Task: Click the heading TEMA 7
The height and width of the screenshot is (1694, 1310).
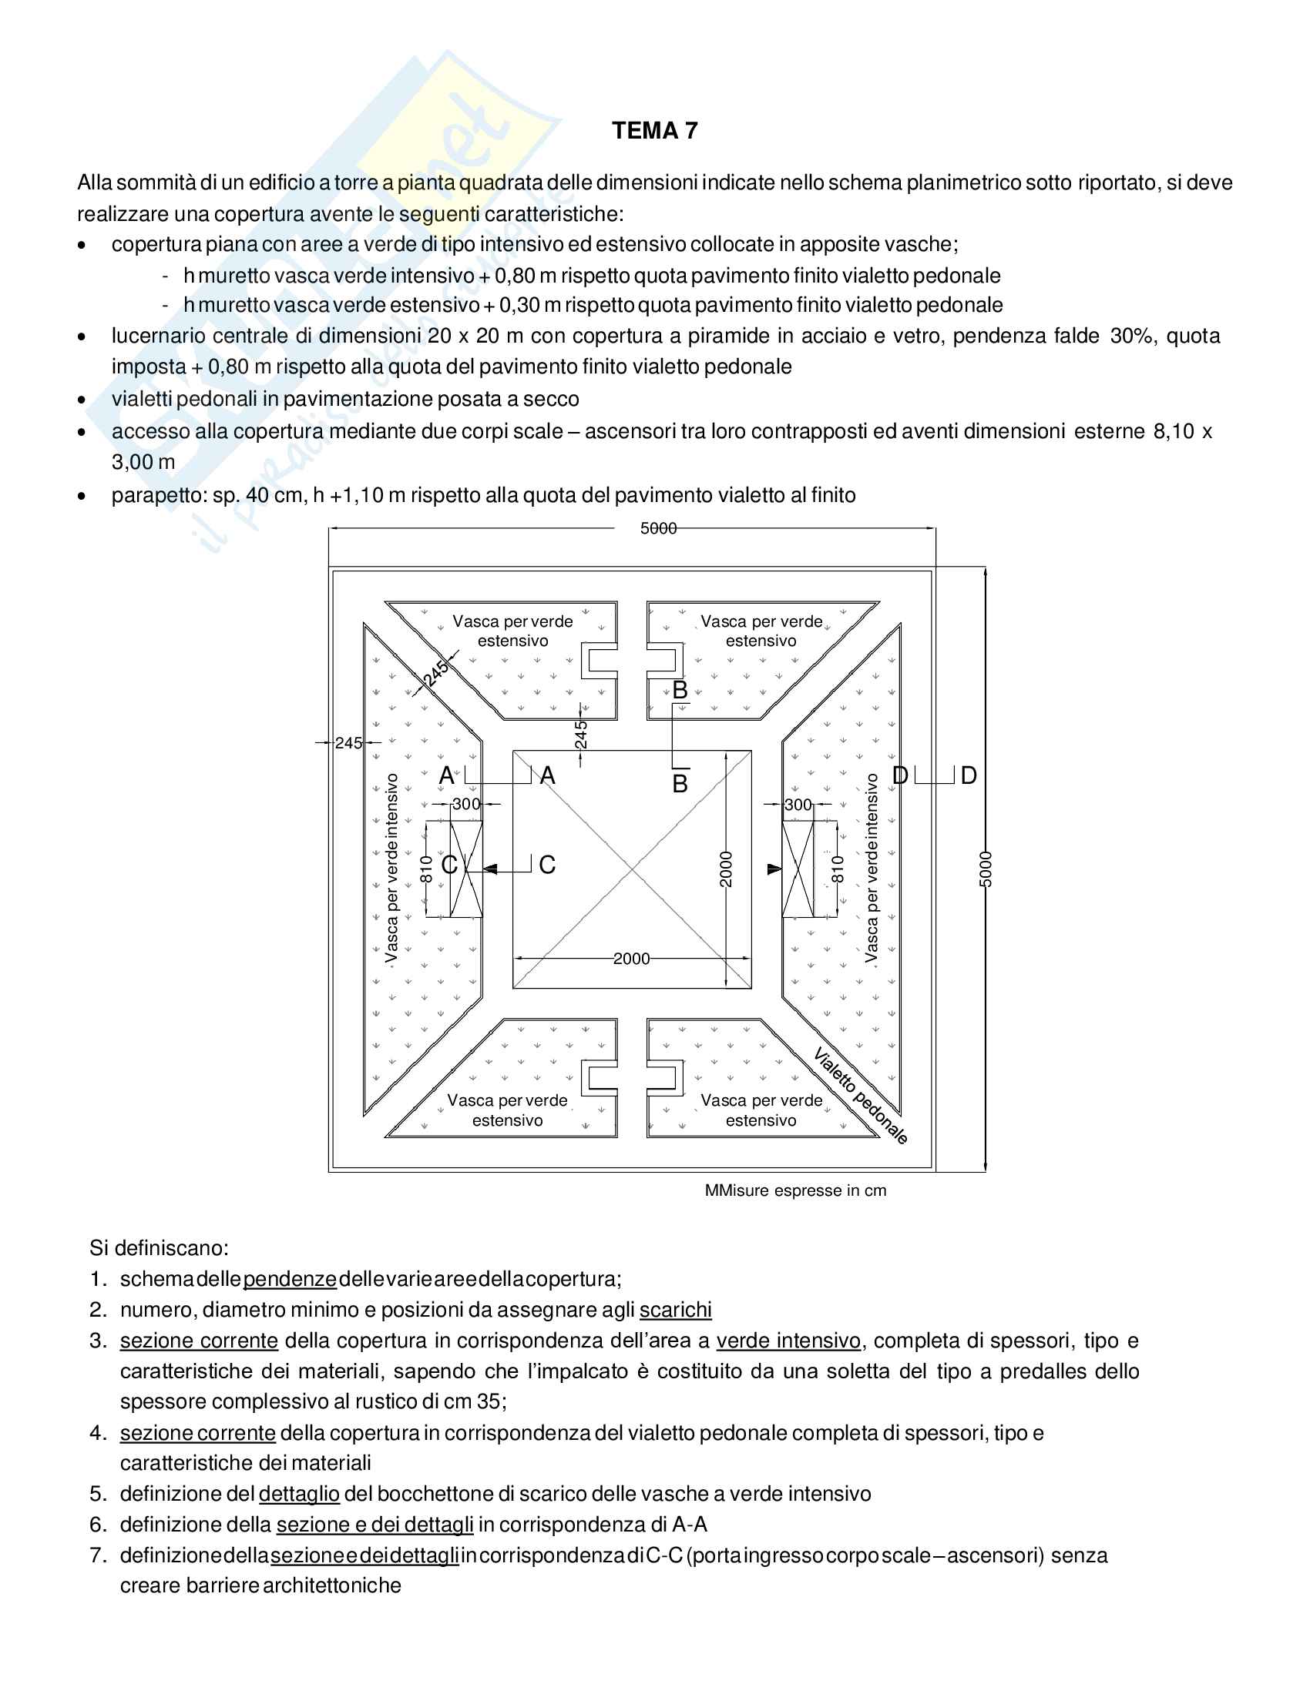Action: click(x=654, y=131)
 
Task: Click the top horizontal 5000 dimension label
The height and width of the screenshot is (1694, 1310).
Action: click(x=658, y=528)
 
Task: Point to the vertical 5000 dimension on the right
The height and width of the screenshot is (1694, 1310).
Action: click(x=986, y=869)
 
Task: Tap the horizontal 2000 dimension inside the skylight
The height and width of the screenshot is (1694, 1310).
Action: click(x=631, y=959)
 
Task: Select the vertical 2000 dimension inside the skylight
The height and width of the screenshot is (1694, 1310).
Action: click(x=726, y=869)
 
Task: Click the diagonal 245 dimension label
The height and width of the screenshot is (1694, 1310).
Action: click(x=436, y=672)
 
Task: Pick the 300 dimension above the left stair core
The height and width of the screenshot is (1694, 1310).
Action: click(x=466, y=805)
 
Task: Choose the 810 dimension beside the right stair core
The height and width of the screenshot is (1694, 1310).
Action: click(x=837, y=869)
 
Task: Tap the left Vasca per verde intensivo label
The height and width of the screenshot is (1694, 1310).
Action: click(x=392, y=869)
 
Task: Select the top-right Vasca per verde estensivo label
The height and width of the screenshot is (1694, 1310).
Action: click(x=761, y=631)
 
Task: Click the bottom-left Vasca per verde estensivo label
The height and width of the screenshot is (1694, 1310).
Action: click(x=508, y=1110)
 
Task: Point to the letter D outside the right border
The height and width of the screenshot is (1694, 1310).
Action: click(x=969, y=775)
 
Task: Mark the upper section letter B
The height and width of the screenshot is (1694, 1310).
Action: click(x=680, y=690)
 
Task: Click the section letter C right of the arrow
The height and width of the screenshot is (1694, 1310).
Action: click(x=547, y=865)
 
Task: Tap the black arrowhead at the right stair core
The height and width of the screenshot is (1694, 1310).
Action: click(x=774, y=869)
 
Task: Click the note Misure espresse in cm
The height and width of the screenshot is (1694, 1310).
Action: click(x=794, y=1190)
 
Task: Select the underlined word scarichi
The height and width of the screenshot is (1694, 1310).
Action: click(x=675, y=1310)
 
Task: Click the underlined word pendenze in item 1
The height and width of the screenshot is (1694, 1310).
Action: click(x=290, y=1279)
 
